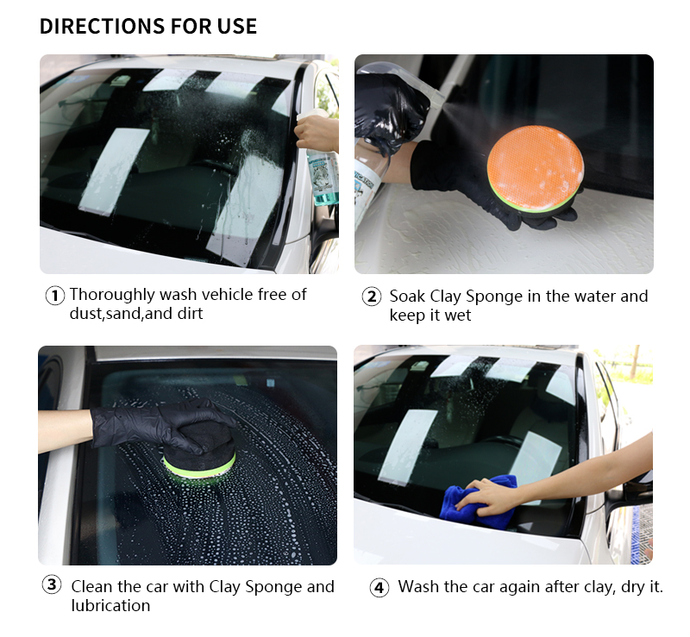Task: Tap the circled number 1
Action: (55, 295)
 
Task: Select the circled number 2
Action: (372, 297)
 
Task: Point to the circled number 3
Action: (52, 584)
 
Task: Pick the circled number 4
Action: (379, 588)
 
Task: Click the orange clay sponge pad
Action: (536, 167)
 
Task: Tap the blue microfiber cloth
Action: (479, 502)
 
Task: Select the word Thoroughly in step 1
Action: (112, 295)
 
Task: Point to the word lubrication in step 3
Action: (111, 605)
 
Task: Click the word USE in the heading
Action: (237, 27)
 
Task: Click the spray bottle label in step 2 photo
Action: (364, 184)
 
